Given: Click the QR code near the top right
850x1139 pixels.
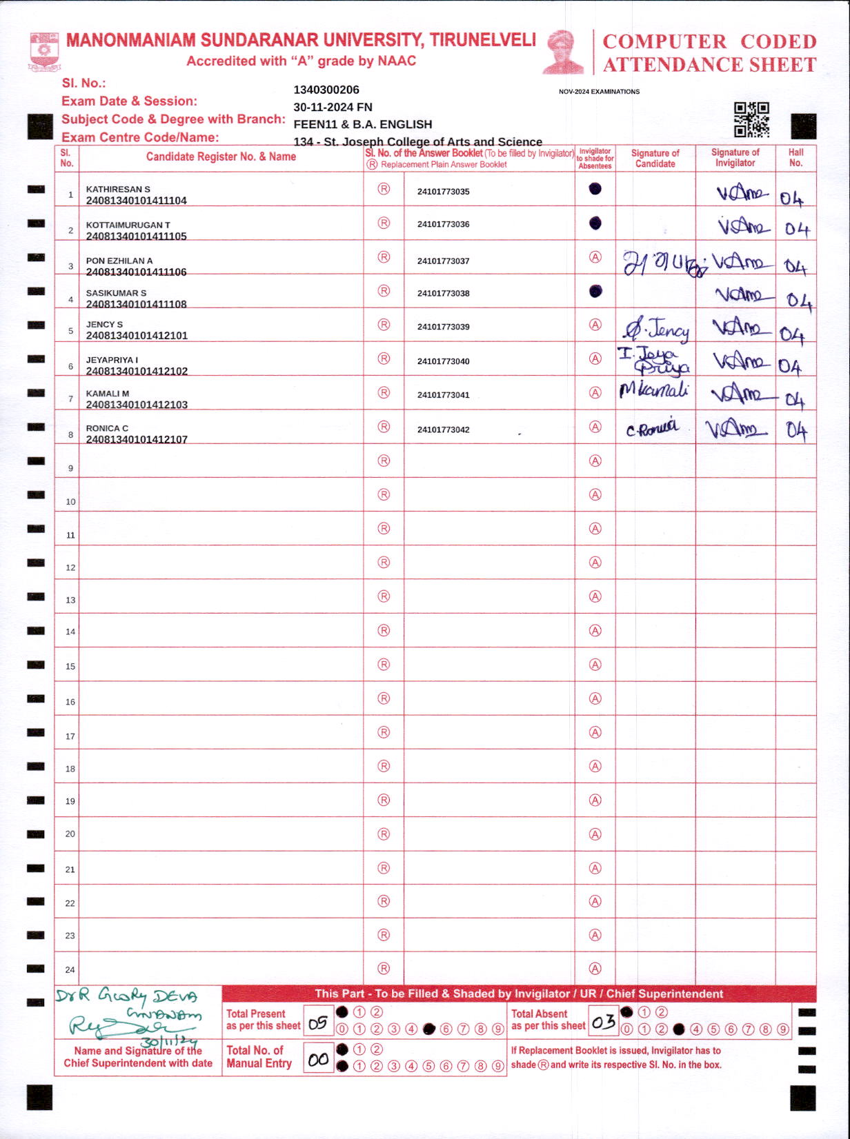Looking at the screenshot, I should point(751,120).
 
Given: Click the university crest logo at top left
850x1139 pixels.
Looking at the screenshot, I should point(44,52).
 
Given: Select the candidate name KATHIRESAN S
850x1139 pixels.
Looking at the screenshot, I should point(118,189).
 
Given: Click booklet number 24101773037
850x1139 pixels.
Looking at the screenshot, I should point(443,261).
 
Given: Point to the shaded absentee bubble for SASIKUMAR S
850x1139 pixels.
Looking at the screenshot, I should point(595,292).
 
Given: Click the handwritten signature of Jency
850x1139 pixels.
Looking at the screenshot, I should point(656,330).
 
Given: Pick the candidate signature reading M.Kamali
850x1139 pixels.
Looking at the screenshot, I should point(654,391).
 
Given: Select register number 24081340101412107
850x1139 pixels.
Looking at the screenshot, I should point(137,439).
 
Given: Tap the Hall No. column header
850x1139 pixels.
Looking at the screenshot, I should point(795,158).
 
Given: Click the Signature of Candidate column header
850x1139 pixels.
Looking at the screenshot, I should point(655,159).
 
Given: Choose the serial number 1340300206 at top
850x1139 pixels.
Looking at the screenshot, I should point(326,90).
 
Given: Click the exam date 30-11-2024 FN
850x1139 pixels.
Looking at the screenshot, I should point(333,107).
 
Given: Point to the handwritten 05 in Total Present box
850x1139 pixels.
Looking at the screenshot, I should point(318,1023).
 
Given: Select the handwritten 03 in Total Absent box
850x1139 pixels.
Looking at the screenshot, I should point(603,1022).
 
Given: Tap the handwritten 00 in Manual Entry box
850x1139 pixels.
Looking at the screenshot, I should point(318,1060).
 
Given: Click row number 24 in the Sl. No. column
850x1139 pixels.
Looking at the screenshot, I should point(70,969).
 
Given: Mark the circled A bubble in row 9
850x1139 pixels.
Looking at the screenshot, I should point(595,461).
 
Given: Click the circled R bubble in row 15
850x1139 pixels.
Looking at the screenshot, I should point(384,665).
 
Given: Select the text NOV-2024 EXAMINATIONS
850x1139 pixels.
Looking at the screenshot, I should point(599,92).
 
